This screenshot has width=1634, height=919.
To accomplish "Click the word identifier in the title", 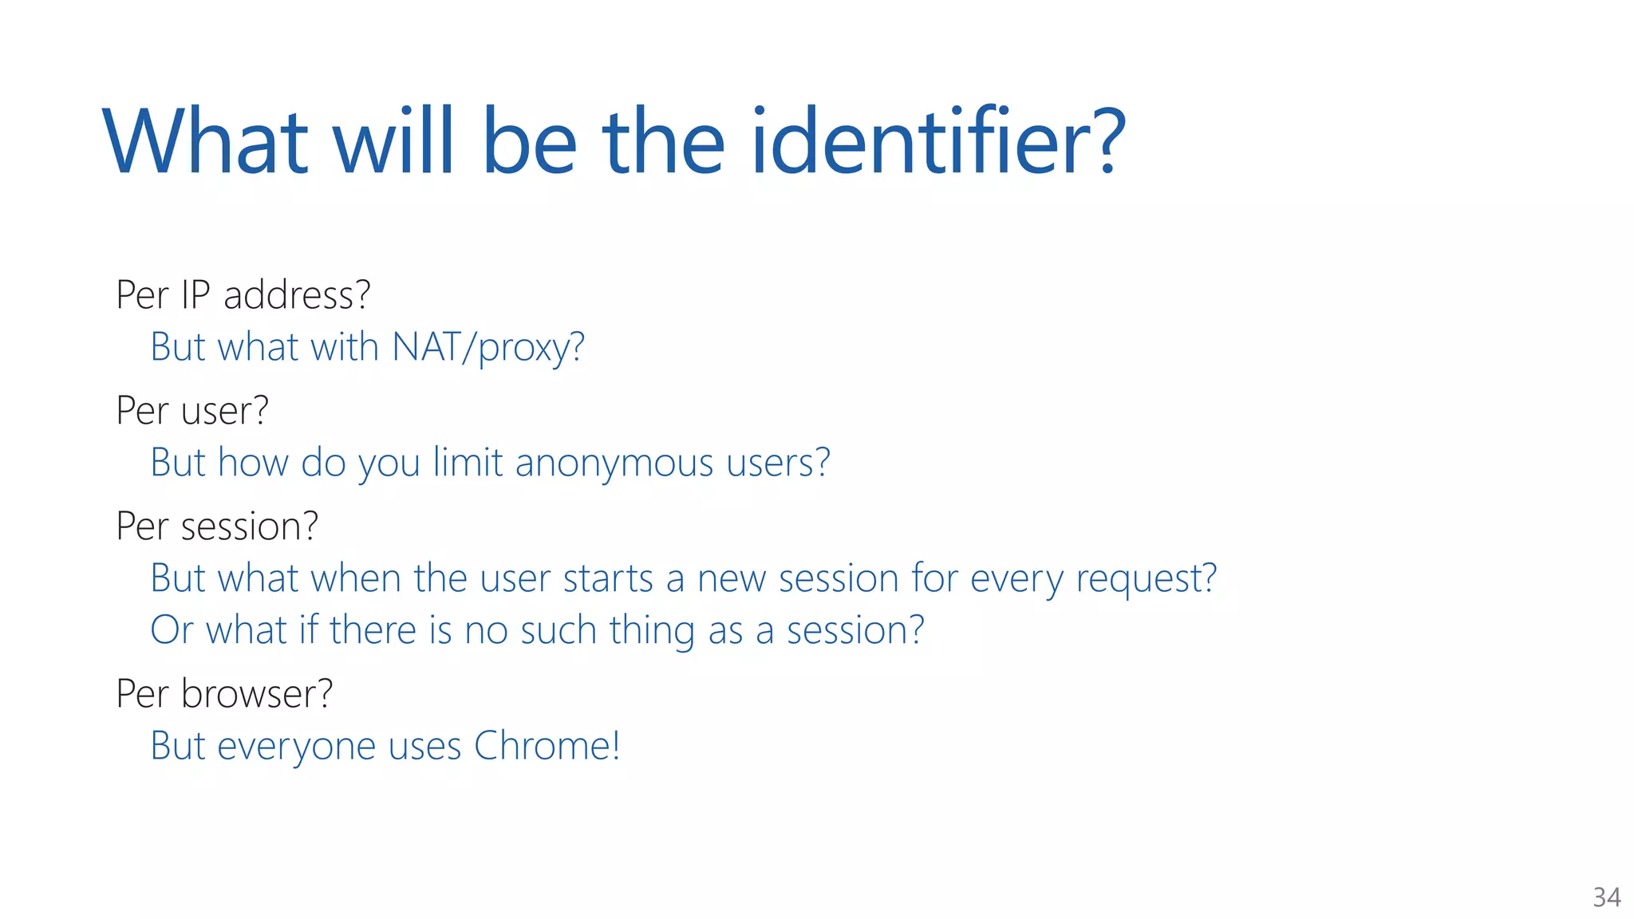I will click(x=937, y=142).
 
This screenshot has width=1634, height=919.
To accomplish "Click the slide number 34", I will click(x=1606, y=897).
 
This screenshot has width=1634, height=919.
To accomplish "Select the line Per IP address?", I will click(x=243, y=295).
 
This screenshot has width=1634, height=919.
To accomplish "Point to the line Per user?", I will click(x=192, y=411).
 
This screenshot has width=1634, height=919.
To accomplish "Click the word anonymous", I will click(x=614, y=463).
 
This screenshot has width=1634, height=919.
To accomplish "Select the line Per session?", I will click(x=217, y=527).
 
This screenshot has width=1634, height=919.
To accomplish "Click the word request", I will click(x=1146, y=579).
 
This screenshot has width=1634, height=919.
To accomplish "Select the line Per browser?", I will click(x=224, y=693).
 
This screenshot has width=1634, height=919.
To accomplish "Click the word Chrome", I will click(x=547, y=746).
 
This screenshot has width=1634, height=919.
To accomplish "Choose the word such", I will click(x=558, y=630).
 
